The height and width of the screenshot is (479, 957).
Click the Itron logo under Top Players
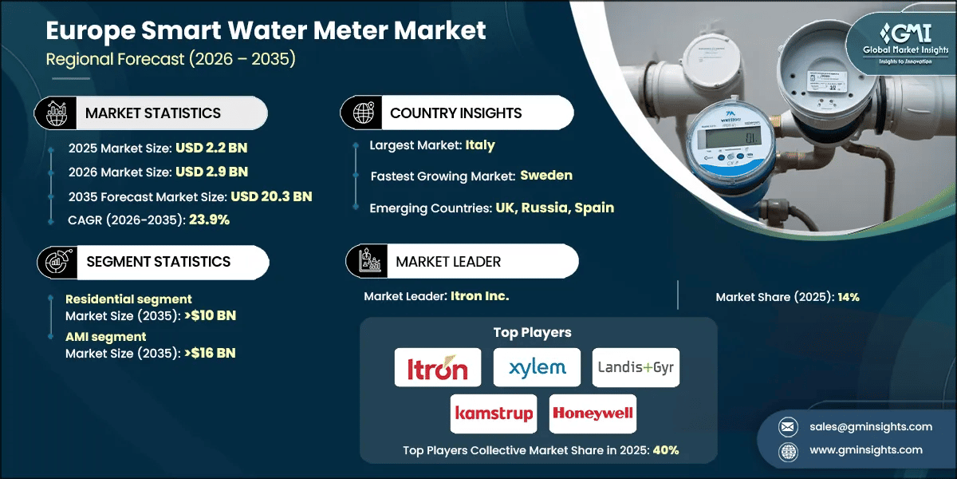tap(438, 368)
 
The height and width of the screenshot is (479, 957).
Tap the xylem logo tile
tap(536, 368)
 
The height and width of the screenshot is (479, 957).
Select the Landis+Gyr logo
tap(636, 368)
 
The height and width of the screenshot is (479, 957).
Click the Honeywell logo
tap(593, 414)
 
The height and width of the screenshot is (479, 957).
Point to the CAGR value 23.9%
tap(209, 220)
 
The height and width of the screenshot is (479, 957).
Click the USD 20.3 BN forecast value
tap(271, 196)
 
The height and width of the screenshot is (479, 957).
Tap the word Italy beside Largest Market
tap(481, 145)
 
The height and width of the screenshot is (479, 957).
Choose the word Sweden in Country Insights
tap(546, 176)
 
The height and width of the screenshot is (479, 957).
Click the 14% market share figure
tap(848, 297)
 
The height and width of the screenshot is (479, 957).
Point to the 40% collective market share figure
tap(666, 450)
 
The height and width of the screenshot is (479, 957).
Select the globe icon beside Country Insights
tap(364, 113)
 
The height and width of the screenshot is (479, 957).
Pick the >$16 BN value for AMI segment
tap(210, 353)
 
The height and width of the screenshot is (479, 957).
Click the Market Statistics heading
tap(153, 113)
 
